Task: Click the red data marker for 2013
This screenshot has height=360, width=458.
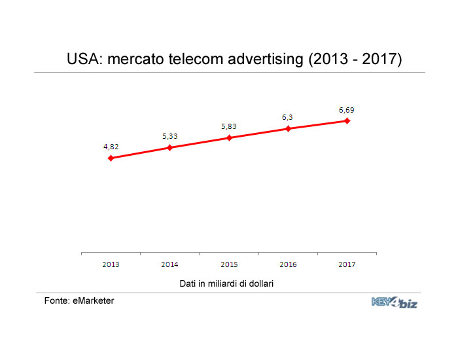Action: coord(111,158)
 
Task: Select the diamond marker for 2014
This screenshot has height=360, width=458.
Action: coord(170,147)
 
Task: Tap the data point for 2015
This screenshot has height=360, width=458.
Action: coord(229,137)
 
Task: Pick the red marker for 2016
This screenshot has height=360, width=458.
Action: coord(289,128)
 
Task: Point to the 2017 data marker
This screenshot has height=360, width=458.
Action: coord(347,120)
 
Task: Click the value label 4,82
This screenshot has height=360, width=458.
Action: coord(111,147)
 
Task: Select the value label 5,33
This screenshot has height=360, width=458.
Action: coord(170,136)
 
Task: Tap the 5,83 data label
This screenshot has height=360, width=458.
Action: coord(229,126)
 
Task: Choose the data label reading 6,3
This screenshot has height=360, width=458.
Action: coord(287,117)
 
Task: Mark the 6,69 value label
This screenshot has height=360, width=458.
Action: coord(347,110)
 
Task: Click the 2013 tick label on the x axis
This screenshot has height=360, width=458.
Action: coord(111,264)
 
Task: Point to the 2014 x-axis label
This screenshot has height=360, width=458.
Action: coord(169,264)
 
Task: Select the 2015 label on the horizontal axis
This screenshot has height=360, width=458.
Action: coord(229,264)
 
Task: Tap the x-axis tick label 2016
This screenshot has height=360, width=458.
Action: coord(288,264)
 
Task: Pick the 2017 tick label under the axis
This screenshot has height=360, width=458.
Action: coord(347,264)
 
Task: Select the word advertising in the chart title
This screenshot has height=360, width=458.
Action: coord(266,60)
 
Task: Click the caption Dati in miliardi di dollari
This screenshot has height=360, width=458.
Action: coord(226,283)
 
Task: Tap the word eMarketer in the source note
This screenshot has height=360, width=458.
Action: coord(94,300)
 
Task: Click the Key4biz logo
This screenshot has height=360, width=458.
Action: coord(395,302)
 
